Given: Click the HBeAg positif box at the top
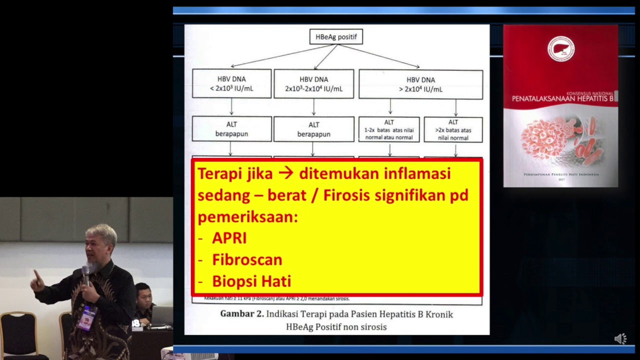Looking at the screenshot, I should click(x=336, y=36).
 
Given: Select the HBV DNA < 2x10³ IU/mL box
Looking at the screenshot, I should click(x=231, y=83).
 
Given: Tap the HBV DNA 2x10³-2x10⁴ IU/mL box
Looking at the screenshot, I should click(x=313, y=83).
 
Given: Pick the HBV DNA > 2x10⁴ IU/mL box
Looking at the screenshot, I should click(x=420, y=84).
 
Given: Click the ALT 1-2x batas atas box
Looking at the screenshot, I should click(x=389, y=129).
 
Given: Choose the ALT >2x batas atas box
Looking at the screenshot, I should click(x=453, y=129).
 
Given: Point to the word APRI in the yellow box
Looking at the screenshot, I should click(x=229, y=238).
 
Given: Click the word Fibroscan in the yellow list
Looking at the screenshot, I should click(x=247, y=259).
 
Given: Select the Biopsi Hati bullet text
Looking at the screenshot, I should click(x=251, y=281).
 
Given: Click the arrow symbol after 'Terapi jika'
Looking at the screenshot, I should click(x=286, y=173).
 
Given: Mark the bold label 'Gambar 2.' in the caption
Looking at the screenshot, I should click(x=241, y=314).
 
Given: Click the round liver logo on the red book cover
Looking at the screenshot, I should click(x=560, y=48).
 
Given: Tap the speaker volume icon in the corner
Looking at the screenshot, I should click(x=620, y=339).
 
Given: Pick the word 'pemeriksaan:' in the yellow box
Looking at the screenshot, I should click(x=247, y=216).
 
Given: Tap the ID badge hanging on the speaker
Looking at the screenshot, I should click(x=87, y=318).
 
